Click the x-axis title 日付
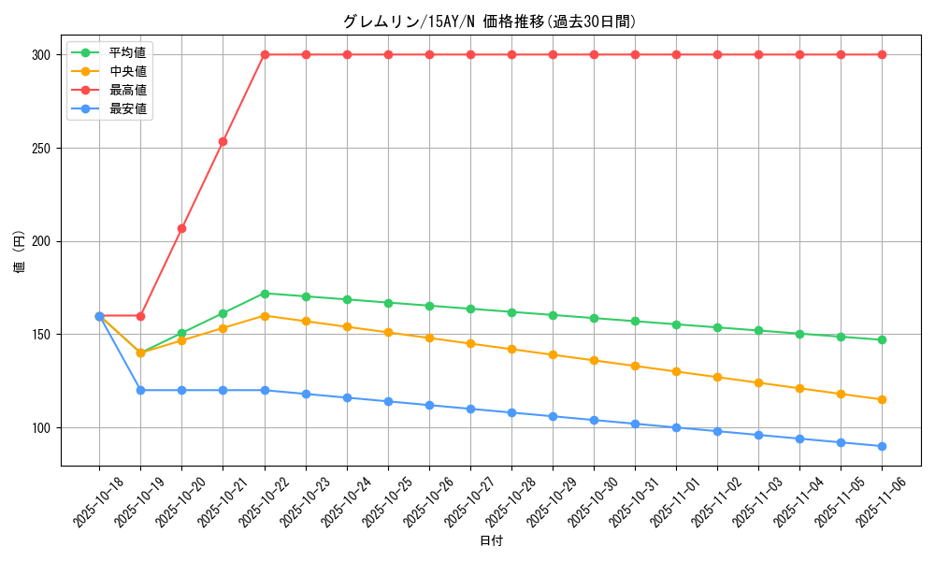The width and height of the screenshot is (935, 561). (490, 541)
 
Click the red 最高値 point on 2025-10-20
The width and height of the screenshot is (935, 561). (181, 228)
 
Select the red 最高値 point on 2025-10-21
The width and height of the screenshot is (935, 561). (223, 141)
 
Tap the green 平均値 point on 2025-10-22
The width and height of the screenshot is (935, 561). (265, 294)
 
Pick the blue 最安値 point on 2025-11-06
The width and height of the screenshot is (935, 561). (882, 446)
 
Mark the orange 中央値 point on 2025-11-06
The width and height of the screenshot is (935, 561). (882, 399)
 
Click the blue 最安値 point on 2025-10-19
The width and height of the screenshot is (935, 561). (140, 390)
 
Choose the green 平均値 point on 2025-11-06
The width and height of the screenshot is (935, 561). (882, 339)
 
